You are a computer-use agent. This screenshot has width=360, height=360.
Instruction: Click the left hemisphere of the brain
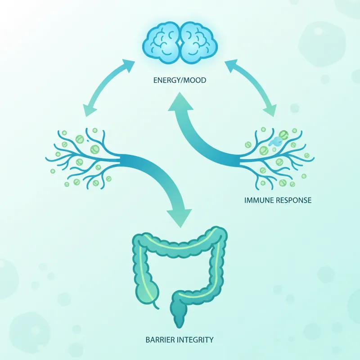161,43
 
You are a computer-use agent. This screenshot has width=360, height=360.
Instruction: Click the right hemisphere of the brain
199,43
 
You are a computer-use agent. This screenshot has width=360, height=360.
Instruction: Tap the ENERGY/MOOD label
180,81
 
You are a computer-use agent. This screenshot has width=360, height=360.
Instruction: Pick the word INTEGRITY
197,340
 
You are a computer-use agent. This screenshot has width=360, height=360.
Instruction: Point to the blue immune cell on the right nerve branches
274,141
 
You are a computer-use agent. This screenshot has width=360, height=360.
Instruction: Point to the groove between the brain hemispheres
180,43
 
